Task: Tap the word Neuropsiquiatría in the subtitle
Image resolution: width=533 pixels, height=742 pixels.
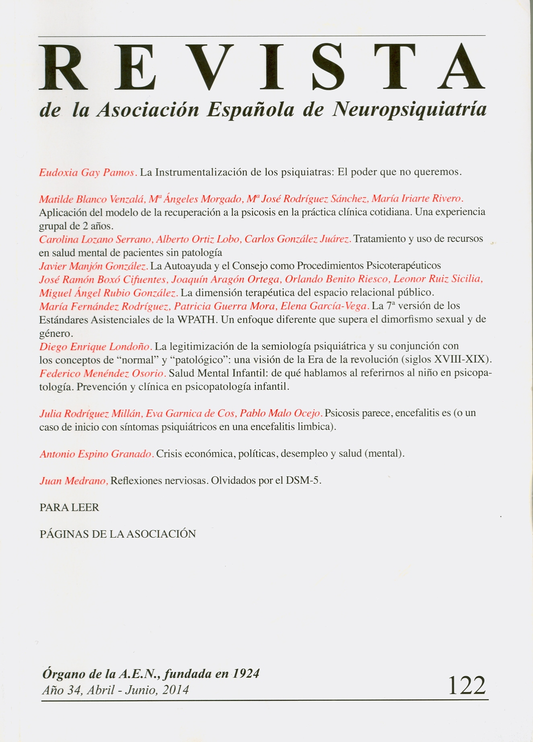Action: (409, 109)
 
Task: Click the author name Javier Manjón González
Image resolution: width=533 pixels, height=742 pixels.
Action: (94, 266)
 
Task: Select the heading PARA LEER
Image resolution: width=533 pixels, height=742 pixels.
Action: (69, 507)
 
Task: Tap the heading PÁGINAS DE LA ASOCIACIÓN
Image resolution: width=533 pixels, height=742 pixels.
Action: (117, 534)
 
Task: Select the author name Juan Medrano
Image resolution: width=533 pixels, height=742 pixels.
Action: (74, 480)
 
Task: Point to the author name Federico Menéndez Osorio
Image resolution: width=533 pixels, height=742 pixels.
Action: (103, 373)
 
